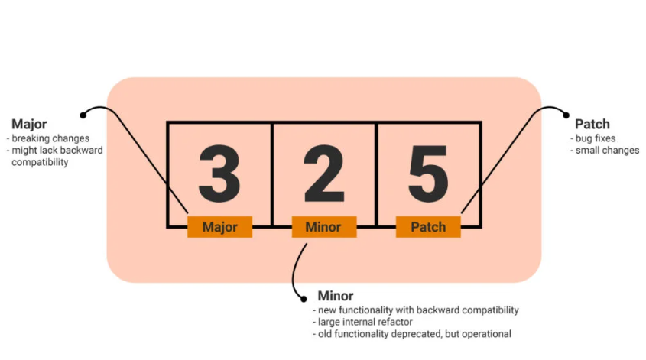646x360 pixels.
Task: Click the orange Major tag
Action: [x=219, y=227]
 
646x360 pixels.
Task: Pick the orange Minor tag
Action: [x=323, y=227]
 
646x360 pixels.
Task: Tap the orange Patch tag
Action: [x=428, y=227]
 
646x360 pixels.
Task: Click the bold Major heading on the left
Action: [x=29, y=124]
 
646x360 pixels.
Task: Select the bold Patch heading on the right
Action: [x=592, y=124]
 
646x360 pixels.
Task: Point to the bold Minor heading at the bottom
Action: [x=336, y=296]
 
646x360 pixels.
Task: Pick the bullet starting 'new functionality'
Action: [x=416, y=310]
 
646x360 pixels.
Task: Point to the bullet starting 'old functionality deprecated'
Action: [x=412, y=334]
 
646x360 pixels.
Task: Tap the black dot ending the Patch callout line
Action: [x=566, y=115]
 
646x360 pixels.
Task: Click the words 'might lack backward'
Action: [x=56, y=151]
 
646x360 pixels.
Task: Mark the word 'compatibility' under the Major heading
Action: [x=40, y=162]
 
